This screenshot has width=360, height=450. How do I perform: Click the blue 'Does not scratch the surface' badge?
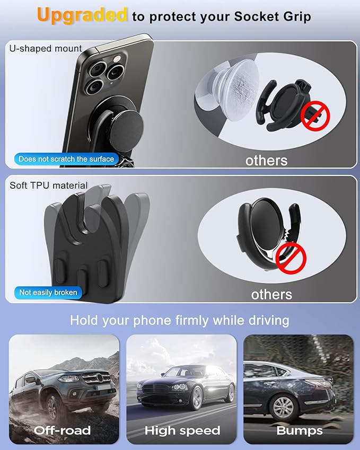coord(66,158)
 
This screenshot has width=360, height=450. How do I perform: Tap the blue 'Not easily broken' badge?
coord(48,292)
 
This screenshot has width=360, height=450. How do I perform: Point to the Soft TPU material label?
coord(49,186)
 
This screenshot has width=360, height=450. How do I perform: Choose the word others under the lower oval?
coord(271,294)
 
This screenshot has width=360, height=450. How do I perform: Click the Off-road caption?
coord(63,430)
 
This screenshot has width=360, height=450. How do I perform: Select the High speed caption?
coord(182,430)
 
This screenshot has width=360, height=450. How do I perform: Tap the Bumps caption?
coord(299,430)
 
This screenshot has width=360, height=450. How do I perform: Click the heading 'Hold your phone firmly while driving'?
coord(180,320)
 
